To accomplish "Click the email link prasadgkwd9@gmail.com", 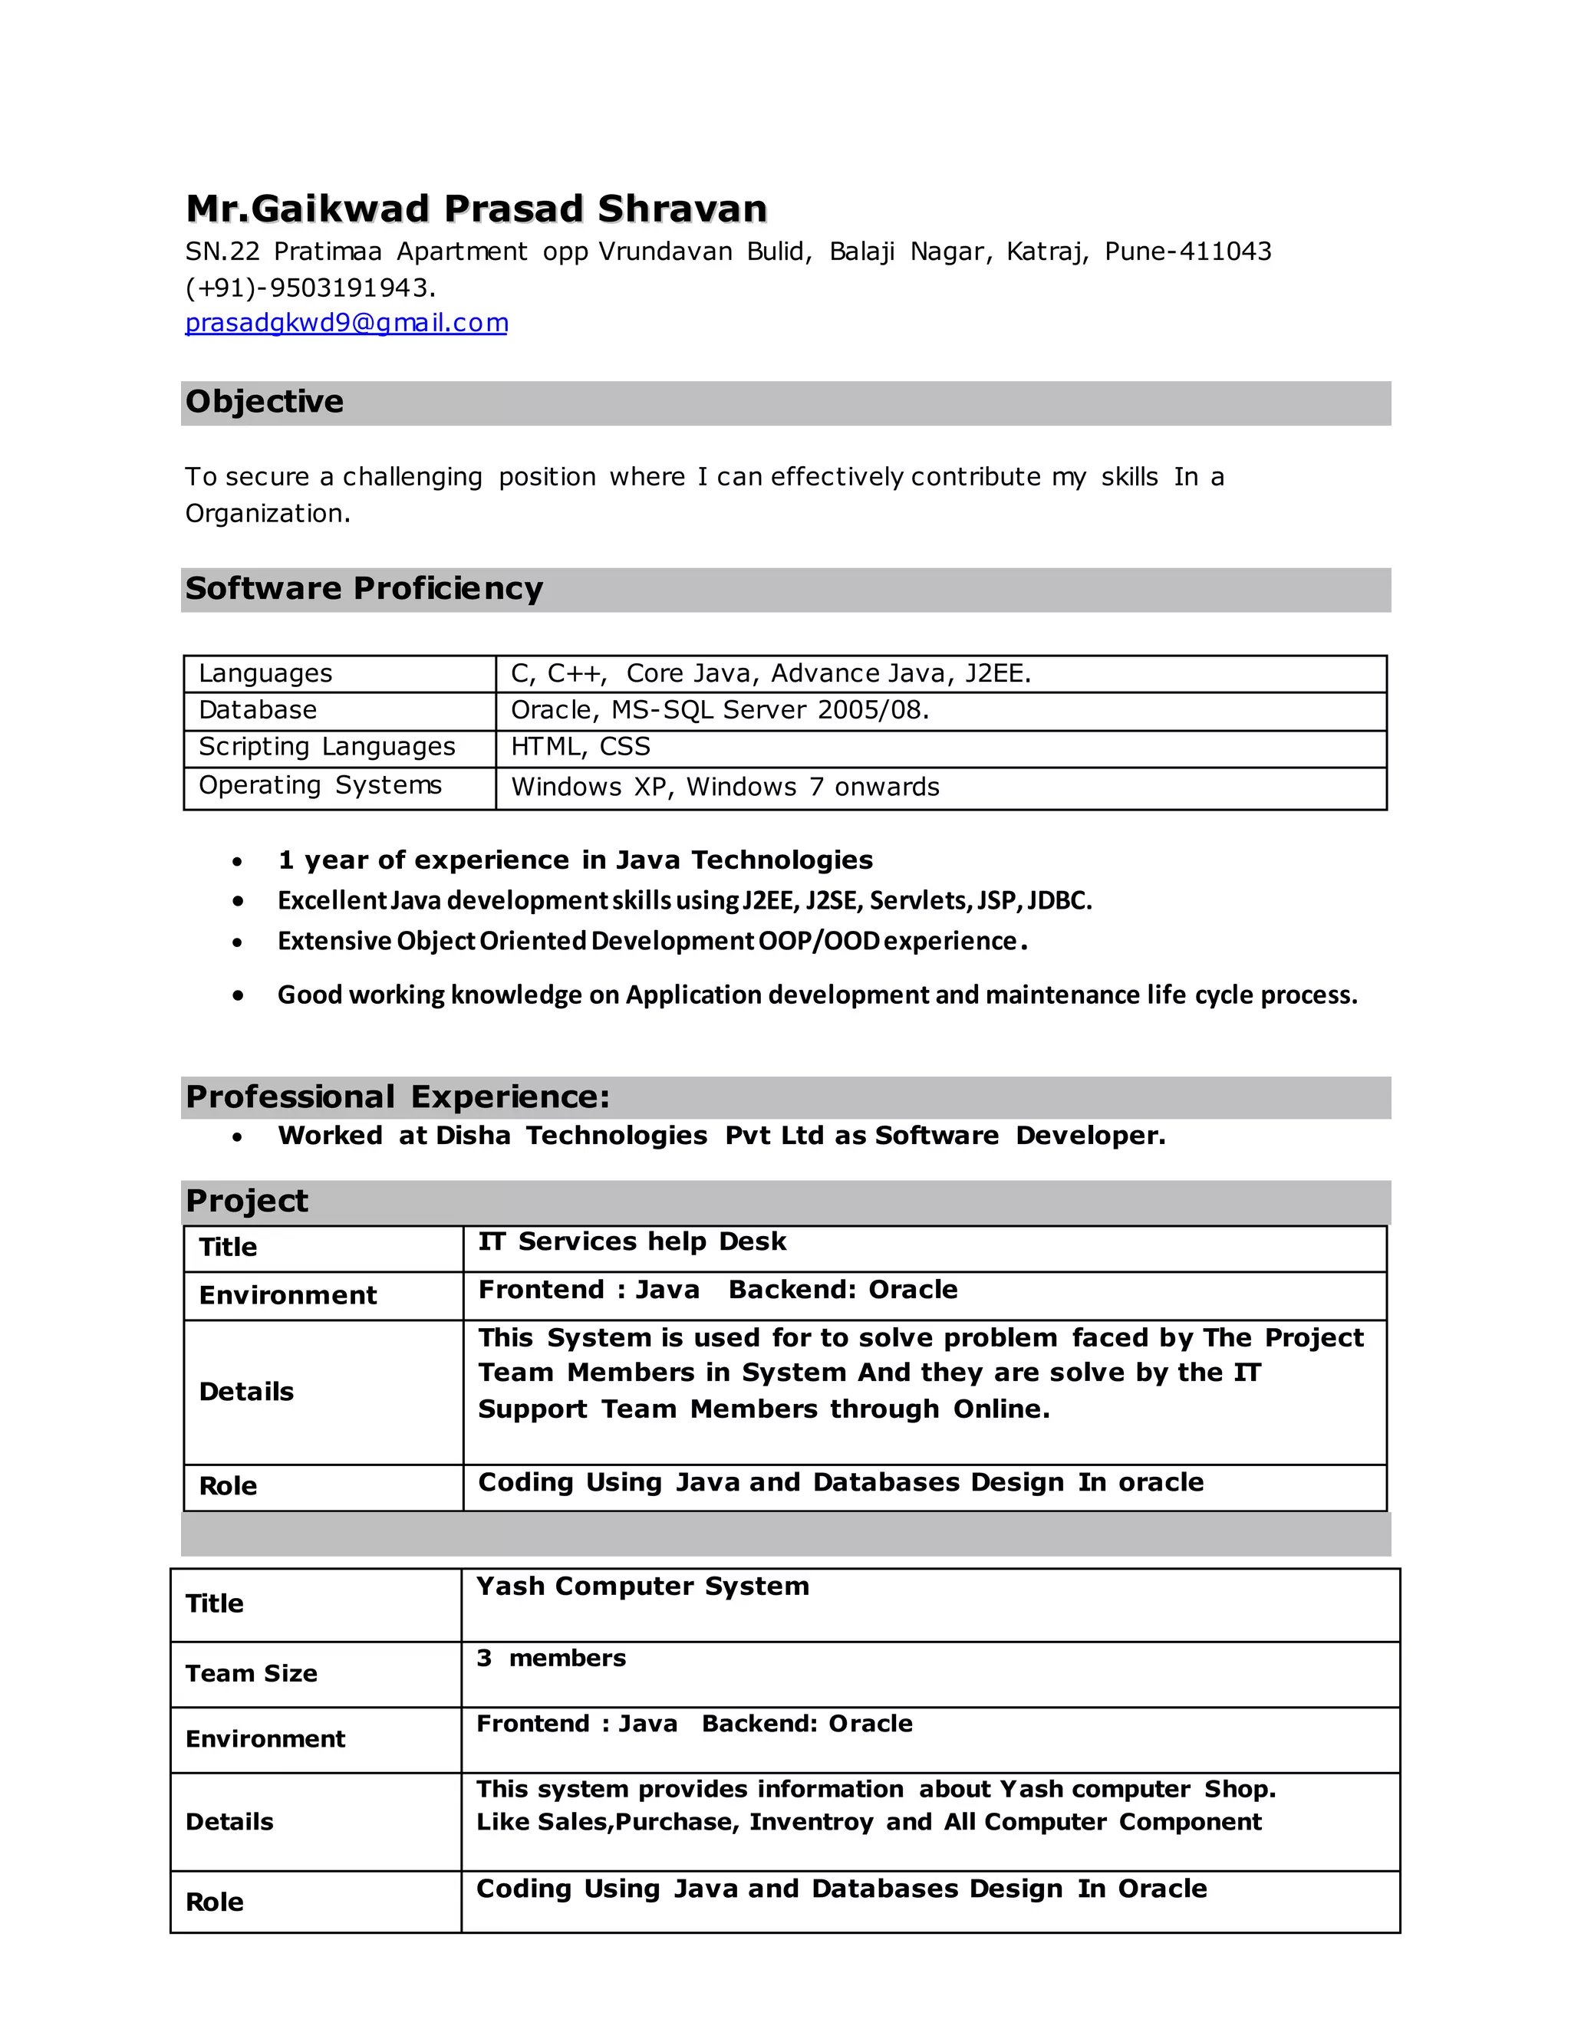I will click(346, 323).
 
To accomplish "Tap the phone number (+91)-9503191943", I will click(310, 288).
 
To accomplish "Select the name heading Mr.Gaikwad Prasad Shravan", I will click(476, 209).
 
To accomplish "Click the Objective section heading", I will click(265, 402).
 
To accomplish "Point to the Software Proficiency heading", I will click(364, 589).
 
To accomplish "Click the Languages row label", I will click(265, 672).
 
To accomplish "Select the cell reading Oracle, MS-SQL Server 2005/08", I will click(720, 710).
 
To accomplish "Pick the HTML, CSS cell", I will click(580, 746).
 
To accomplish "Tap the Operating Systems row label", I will click(320, 785).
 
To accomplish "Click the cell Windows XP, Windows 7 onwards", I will click(725, 787).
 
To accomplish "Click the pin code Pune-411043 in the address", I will click(1187, 252).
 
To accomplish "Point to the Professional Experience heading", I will click(397, 1097).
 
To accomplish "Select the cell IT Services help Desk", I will click(632, 1241).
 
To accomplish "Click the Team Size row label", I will click(252, 1673).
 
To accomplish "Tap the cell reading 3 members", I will click(551, 1658).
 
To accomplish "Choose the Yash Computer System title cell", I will click(642, 1586).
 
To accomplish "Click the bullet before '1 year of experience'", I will click(239, 862).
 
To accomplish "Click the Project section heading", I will click(247, 1201).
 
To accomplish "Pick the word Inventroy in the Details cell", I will click(811, 1822).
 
